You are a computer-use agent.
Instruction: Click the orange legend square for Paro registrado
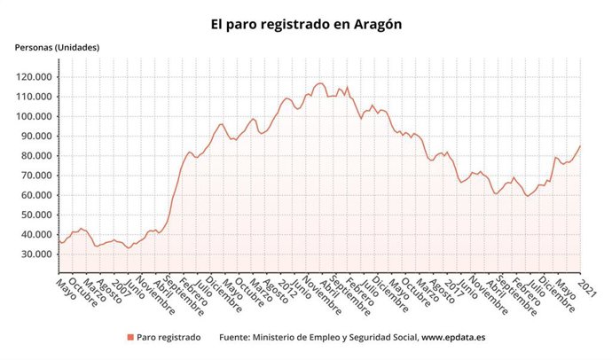click(130, 338)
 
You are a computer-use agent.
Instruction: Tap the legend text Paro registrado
click(169, 338)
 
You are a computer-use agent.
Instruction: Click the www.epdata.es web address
click(453, 338)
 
